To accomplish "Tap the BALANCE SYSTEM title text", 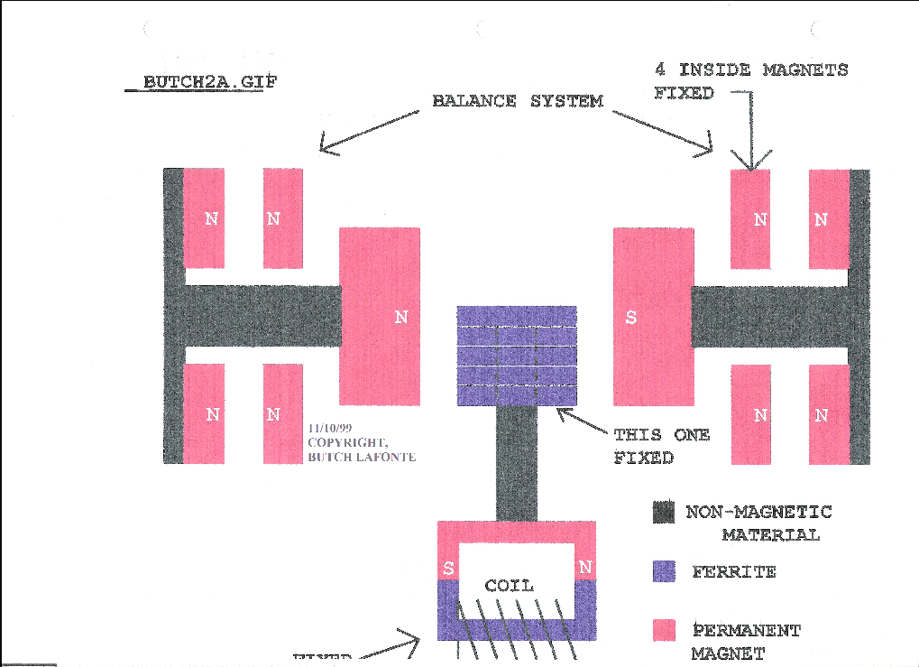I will pos(518,101).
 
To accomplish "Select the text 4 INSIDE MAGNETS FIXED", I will pos(750,80).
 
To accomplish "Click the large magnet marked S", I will pos(653,317).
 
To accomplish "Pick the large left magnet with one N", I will pos(379,317).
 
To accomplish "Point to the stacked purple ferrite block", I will pos(517,356).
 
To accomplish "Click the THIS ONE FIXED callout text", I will pos(661,446).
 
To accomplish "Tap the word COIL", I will pos(509,586).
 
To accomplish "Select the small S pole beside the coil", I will pos(448,568).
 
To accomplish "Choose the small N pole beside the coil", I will pos(585,568).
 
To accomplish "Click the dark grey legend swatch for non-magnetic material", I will pos(664,513).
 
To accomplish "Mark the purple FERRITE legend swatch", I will pos(664,570).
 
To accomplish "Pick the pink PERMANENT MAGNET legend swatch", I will pos(664,630).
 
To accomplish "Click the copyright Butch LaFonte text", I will pos(361,449).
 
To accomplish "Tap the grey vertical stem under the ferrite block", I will pos(517,464).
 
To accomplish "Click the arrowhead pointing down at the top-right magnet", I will pos(750,162).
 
